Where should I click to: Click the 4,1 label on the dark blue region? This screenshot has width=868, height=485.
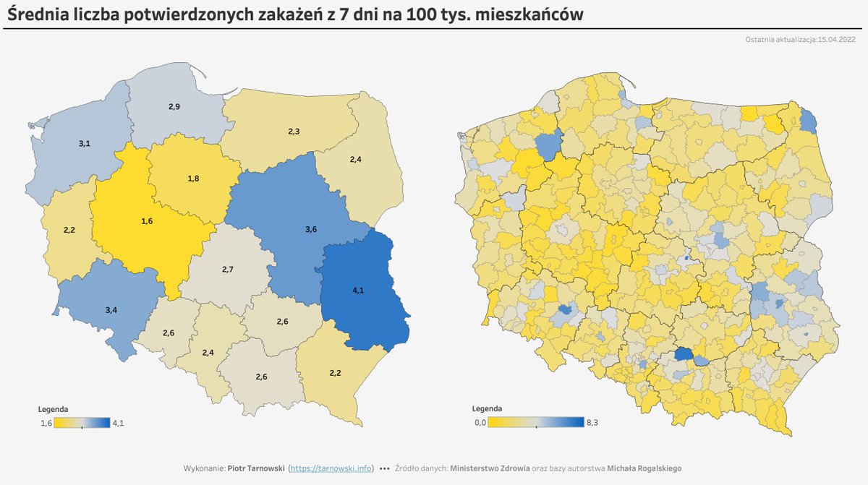(x=358, y=290)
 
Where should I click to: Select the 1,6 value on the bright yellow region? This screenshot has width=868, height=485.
(x=147, y=220)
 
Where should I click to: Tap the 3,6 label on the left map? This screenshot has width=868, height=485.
(x=311, y=229)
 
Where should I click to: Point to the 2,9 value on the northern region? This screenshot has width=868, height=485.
(x=174, y=107)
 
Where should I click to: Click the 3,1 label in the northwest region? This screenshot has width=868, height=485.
(x=84, y=144)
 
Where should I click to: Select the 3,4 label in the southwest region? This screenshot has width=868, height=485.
(x=111, y=309)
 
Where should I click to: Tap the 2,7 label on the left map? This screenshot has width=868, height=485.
(x=226, y=269)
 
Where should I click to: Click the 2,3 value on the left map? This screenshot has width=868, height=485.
(x=294, y=132)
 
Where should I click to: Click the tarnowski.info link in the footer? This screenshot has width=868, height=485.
(x=331, y=468)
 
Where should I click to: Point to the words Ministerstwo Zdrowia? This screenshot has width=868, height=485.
(x=490, y=468)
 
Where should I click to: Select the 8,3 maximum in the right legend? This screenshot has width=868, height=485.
(x=591, y=423)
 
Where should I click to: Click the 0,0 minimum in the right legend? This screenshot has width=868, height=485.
(x=479, y=423)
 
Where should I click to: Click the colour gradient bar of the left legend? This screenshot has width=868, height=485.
(x=82, y=423)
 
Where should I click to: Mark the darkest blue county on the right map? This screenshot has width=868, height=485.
(x=684, y=354)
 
